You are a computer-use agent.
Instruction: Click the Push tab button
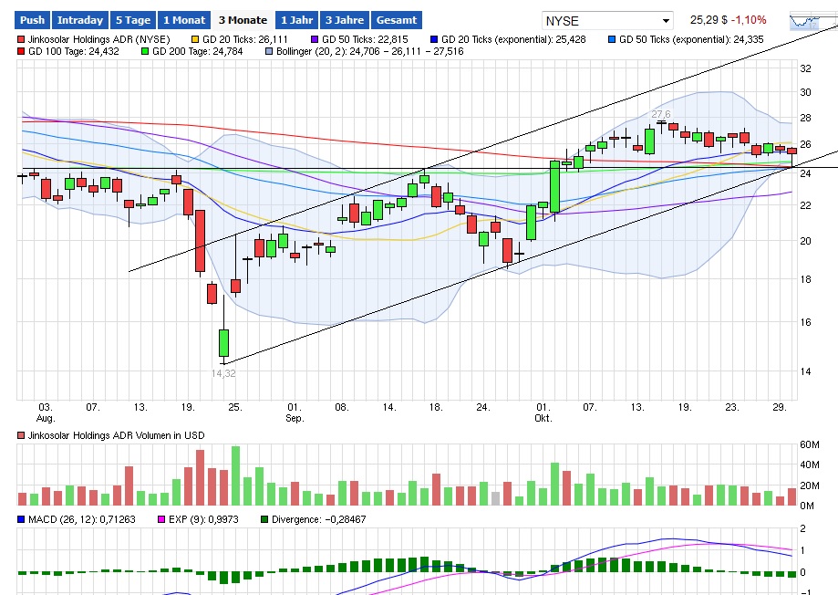point(32,19)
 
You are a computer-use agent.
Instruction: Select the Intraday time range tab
point(79,19)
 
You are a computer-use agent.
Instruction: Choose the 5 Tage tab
point(132,19)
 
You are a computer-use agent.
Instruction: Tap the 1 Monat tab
point(183,19)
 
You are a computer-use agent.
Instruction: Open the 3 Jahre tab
point(344,19)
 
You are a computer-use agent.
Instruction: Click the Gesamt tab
point(397,19)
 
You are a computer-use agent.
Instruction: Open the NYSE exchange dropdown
point(606,20)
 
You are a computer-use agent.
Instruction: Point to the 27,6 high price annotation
point(660,114)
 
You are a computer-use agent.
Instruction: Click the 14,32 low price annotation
point(223,373)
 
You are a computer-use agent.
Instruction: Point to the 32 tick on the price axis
point(805,68)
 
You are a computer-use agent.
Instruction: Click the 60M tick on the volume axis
point(810,444)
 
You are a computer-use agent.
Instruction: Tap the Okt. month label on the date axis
point(543,419)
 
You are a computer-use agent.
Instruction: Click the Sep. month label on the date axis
point(294,419)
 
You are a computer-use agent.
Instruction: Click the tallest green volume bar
point(236,475)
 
